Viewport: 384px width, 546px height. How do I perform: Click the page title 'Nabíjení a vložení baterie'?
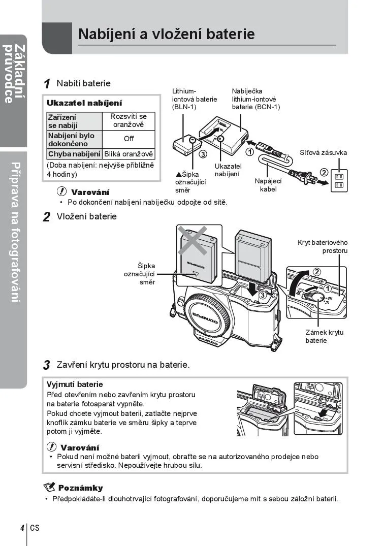pyautogui.click(x=167, y=34)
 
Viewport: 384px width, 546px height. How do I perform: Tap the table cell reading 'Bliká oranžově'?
pyautogui.click(x=129, y=154)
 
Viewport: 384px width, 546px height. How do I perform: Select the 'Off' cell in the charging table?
pyautogui.click(x=129, y=139)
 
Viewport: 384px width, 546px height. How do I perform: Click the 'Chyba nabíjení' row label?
pyautogui.click(x=74, y=154)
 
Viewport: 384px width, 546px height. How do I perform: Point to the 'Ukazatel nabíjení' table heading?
pyautogui.click(x=84, y=103)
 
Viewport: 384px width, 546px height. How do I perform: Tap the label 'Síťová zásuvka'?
pyautogui.click(x=323, y=152)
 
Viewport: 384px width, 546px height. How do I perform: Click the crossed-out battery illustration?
pyautogui.click(x=199, y=254)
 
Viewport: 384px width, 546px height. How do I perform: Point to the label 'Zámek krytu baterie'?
pyautogui.click(x=324, y=336)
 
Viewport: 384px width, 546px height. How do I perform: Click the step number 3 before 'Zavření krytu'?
pyautogui.click(x=46, y=365)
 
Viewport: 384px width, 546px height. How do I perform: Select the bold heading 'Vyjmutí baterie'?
pyautogui.click(x=75, y=384)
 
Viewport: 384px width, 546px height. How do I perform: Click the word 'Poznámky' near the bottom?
pyautogui.click(x=80, y=488)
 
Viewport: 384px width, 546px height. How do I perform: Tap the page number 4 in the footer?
pyautogui.click(x=22, y=527)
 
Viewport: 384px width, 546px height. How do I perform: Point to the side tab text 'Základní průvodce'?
pyautogui.click(x=14, y=74)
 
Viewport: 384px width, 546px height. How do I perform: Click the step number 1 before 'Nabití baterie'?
pyautogui.click(x=47, y=84)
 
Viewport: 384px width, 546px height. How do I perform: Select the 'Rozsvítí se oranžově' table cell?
pyautogui.click(x=129, y=120)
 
